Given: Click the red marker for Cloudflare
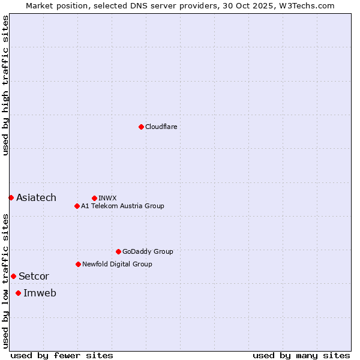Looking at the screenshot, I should (141, 127).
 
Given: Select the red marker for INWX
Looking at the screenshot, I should (94, 198).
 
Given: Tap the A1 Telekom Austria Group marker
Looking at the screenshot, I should (77, 206).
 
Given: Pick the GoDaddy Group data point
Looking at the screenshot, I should (118, 251).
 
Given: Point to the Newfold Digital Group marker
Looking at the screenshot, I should (78, 264).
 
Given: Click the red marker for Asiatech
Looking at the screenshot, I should (11, 197).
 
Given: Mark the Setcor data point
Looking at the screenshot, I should (13, 276).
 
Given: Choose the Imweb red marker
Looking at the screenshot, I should (18, 293).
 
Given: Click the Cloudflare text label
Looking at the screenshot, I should (161, 127).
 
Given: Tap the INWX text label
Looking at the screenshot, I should (107, 198).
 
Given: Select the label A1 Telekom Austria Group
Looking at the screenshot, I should (122, 206).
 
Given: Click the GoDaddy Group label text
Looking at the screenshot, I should (147, 251).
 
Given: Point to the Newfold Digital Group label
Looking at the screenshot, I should (117, 264).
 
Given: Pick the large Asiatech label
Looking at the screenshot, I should (36, 197).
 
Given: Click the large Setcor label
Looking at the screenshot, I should (34, 276).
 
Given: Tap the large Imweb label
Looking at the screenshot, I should (40, 293).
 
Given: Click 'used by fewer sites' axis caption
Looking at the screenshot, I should (62, 355).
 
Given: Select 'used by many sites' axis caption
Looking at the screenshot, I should (301, 355).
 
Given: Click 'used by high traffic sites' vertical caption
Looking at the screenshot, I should (5, 85).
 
